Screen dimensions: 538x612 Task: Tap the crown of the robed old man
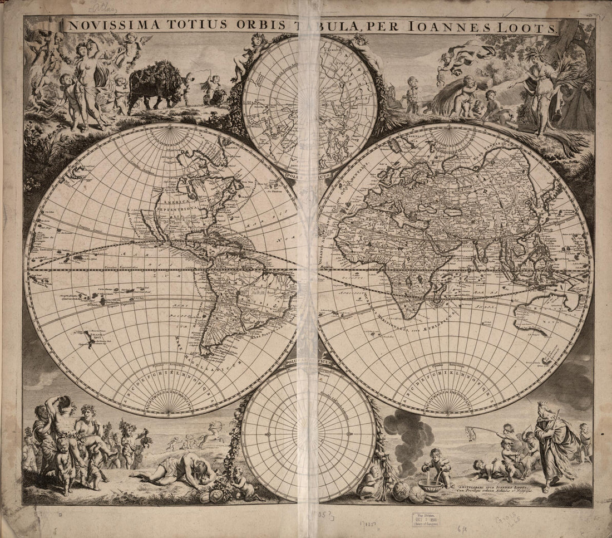pos(543,407)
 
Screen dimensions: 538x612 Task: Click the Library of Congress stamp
pos(425,519)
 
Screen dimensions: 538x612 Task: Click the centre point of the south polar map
pos(308,433)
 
